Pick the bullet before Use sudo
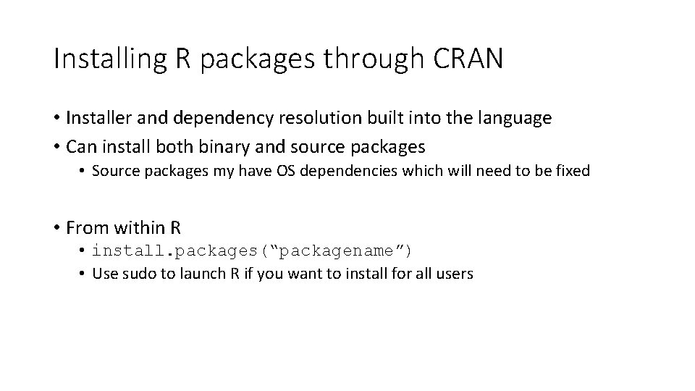[x=83, y=274]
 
